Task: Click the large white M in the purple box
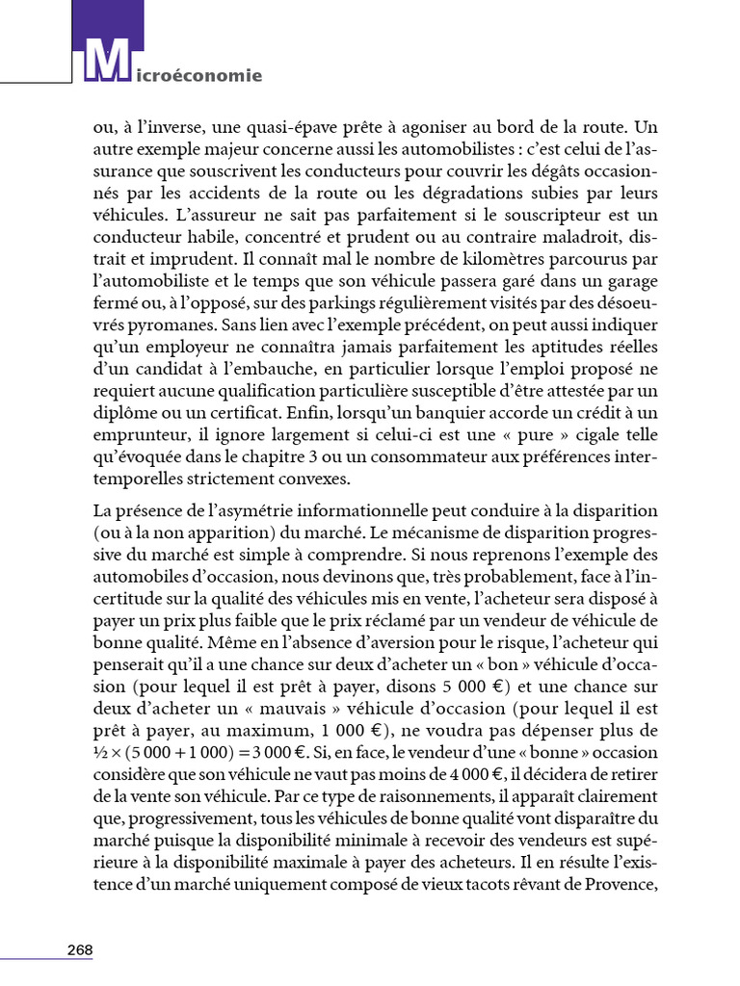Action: click(107, 62)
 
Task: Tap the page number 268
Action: click(80, 949)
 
